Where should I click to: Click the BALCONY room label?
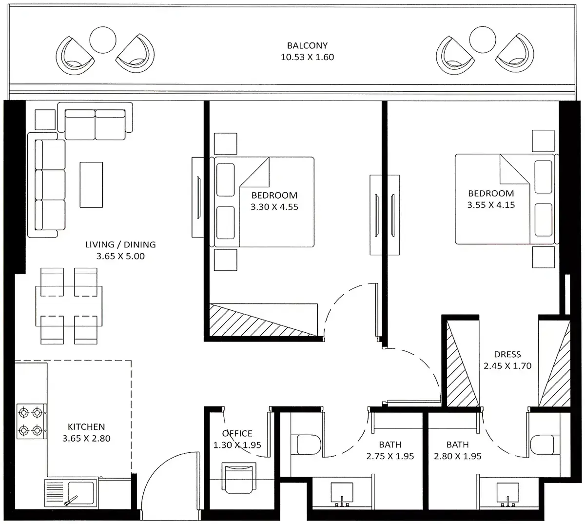(x=307, y=45)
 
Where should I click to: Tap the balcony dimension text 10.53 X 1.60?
(x=307, y=57)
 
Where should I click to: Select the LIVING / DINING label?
(x=120, y=244)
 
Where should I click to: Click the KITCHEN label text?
(x=86, y=426)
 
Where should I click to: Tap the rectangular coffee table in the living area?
(x=91, y=185)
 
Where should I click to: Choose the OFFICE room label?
(x=237, y=433)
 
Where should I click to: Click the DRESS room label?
(x=507, y=354)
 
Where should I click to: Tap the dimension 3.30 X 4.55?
(x=274, y=207)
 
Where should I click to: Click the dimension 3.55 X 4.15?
(x=491, y=205)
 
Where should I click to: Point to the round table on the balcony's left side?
(x=103, y=40)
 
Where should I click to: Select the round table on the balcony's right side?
(x=483, y=40)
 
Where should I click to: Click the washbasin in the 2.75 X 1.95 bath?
(x=342, y=494)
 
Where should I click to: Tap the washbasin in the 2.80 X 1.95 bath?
(x=508, y=494)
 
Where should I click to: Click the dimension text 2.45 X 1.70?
(x=507, y=366)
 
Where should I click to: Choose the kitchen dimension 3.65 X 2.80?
(x=86, y=439)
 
